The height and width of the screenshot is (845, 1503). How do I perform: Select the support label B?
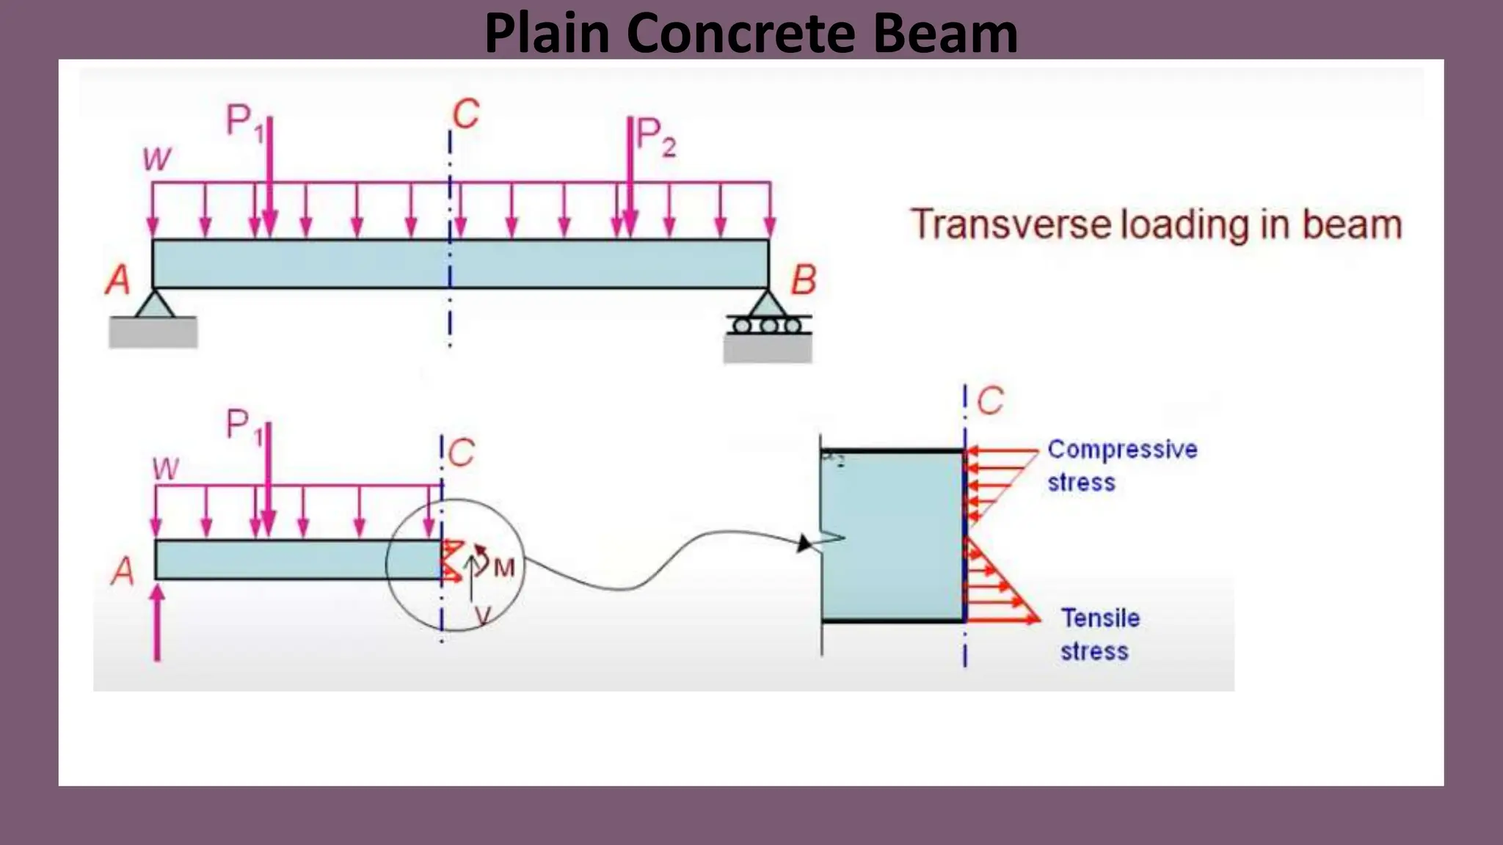click(x=803, y=280)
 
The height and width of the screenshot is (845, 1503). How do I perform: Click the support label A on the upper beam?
click(x=117, y=279)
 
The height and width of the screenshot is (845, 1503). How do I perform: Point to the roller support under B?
click(x=768, y=324)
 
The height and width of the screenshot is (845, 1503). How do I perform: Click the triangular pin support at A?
click(x=154, y=304)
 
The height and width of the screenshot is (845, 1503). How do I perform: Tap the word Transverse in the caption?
click(x=1010, y=224)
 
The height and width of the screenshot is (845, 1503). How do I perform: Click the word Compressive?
click(x=1121, y=449)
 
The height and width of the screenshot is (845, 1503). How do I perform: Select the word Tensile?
click(x=1100, y=618)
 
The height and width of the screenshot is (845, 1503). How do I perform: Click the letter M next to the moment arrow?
click(x=504, y=567)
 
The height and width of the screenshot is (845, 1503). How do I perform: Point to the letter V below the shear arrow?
click(x=482, y=615)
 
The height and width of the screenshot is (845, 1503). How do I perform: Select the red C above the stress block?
click(x=990, y=401)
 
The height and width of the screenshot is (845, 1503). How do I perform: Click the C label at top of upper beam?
click(x=466, y=115)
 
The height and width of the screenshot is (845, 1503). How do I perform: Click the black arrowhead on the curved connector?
click(x=804, y=544)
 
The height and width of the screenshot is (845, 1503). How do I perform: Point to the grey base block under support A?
click(x=153, y=332)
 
